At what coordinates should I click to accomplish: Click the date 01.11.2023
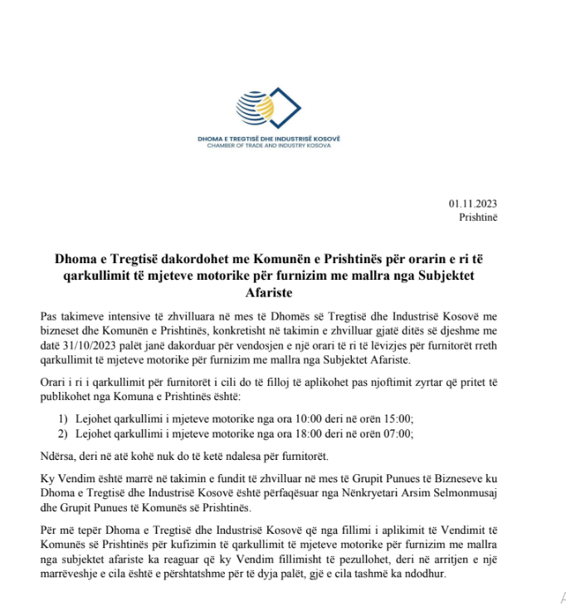click(x=474, y=204)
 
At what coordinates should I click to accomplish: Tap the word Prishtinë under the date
click(x=478, y=217)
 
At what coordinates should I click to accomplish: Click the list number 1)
click(x=63, y=418)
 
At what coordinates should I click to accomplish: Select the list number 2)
click(x=63, y=433)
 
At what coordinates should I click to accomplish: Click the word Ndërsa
click(x=56, y=455)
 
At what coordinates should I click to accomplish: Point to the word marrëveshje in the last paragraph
click(x=76, y=572)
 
